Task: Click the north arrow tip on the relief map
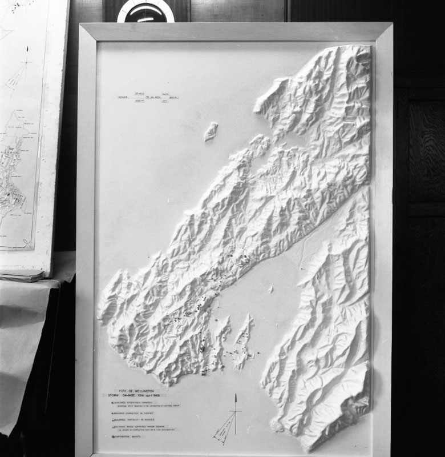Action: tap(235, 394)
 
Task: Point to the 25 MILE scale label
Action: tap(139, 93)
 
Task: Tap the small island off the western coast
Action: tap(211, 131)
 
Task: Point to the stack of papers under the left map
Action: tap(23, 275)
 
